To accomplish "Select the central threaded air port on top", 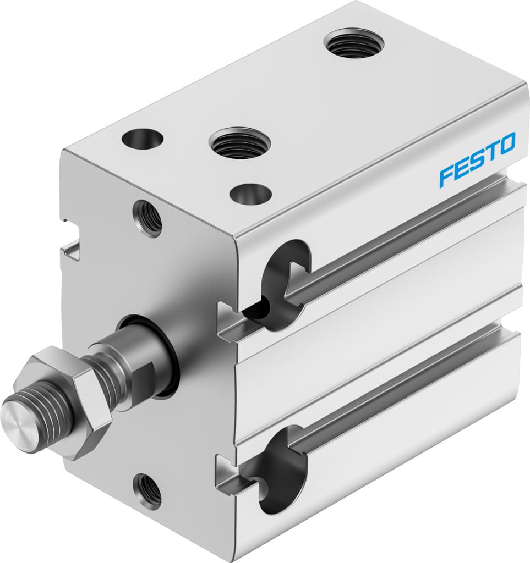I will (x=239, y=142).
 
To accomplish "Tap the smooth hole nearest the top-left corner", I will (x=143, y=139).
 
